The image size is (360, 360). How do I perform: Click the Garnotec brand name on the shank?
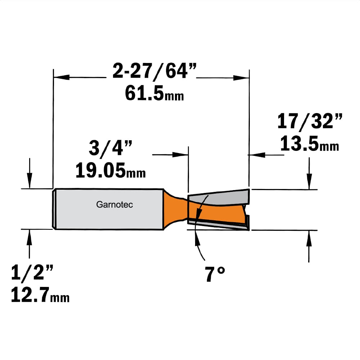coord(114,204)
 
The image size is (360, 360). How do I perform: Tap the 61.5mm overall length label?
coord(154,93)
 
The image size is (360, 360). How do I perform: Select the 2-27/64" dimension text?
coord(154,71)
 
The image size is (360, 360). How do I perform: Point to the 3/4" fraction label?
coord(111,148)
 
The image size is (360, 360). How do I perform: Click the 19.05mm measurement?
coord(111,170)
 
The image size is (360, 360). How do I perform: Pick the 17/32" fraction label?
coord(310,121)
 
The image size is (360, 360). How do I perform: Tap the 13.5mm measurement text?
coord(310,143)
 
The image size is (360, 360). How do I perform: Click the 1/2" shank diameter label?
coord(32,272)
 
